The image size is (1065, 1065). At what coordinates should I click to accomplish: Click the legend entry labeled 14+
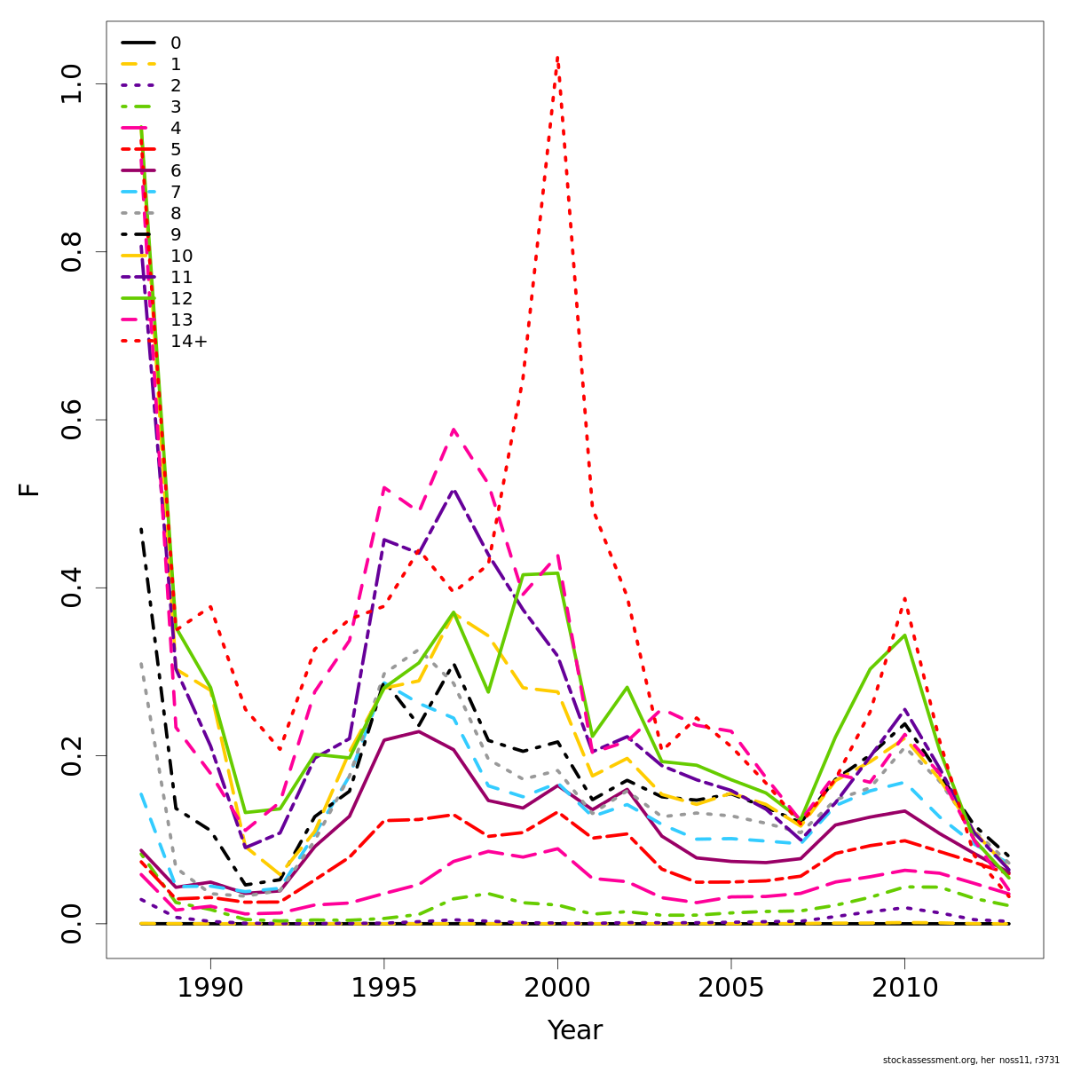click(188, 341)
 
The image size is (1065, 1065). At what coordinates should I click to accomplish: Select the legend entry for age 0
click(176, 43)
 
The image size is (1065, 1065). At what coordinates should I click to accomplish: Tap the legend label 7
click(176, 192)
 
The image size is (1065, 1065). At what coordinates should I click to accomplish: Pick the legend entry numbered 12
click(181, 298)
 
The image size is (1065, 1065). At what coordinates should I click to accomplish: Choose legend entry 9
click(176, 234)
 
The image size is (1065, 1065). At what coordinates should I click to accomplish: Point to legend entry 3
click(176, 106)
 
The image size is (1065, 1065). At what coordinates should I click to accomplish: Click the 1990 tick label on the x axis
click(210, 988)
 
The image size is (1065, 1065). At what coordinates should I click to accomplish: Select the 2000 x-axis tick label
click(557, 988)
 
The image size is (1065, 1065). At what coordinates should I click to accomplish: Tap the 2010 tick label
click(904, 988)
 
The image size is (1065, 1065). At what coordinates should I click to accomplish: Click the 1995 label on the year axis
click(383, 988)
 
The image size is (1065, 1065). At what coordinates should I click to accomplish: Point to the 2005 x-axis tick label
click(730, 988)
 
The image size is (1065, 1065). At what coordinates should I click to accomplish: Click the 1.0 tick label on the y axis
click(71, 83)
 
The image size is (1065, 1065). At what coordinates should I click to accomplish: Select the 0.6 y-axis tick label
click(71, 420)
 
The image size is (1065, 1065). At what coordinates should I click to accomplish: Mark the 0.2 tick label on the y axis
click(71, 755)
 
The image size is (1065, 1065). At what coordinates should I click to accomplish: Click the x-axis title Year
click(574, 1030)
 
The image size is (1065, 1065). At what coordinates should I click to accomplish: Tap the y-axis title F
click(30, 489)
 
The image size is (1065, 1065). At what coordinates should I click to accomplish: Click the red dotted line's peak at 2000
click(557, 58)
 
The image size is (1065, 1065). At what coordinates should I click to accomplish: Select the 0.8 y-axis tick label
click(71, 252)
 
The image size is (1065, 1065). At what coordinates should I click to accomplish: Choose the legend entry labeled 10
click(181, 256)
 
